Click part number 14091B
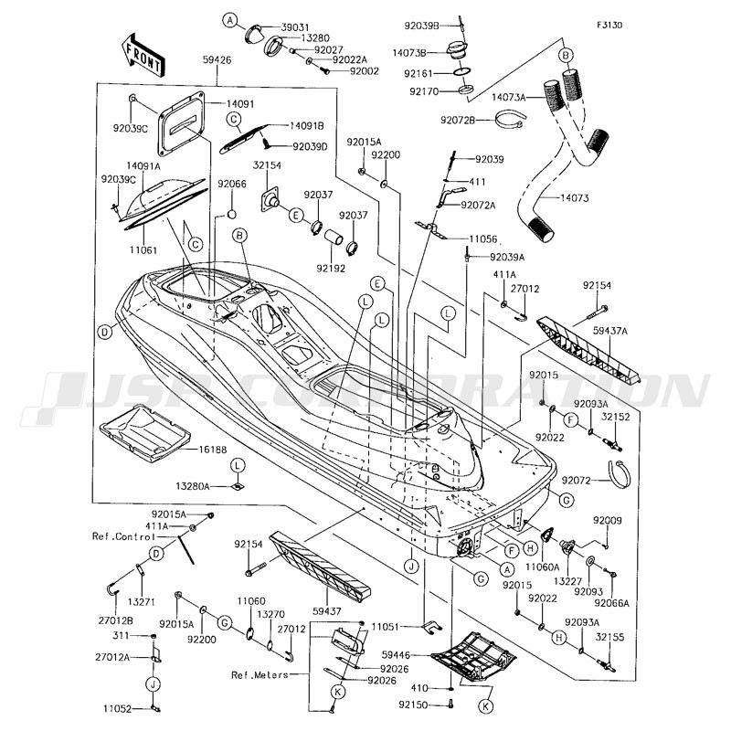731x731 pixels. (x=310, y=125)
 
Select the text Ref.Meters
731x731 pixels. (x=260, y=675)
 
